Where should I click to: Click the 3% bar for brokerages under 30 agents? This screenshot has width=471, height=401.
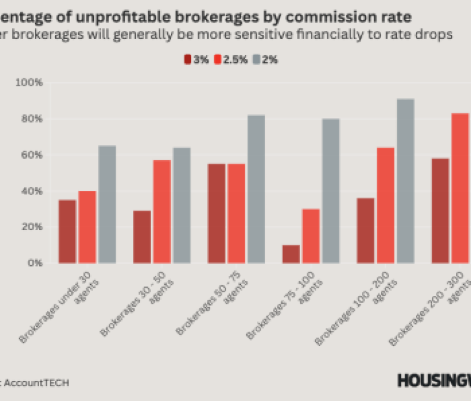(x=68, y=231)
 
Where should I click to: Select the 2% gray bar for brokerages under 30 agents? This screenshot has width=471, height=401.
(x=107, y=205)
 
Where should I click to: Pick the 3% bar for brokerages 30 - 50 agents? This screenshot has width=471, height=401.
(x=142, y=237)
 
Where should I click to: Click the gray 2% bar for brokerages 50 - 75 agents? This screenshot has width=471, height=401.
(x=256, y=189)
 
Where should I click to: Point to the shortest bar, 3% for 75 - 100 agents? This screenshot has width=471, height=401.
(x=291, y=254)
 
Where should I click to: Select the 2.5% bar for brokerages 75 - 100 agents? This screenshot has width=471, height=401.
(x=311, y=236)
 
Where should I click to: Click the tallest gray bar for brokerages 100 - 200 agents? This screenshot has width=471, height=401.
(x=405, y=181)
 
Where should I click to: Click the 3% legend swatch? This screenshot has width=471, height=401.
(x=187, y=59)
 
